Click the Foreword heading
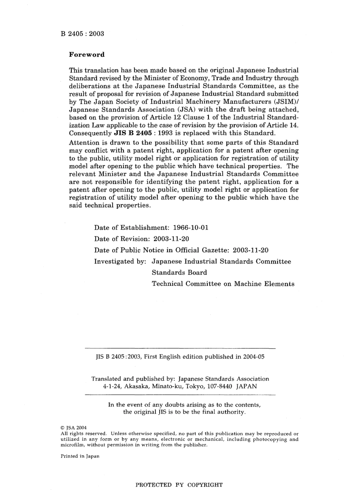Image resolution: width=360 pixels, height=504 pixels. coord(86,55)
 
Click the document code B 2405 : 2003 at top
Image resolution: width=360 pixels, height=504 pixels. coord(82,34)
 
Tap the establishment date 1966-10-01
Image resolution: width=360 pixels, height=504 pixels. coord(190,228)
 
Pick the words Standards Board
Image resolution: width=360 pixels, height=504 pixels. coord(179,273)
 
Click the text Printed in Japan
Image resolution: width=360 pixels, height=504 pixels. coord(80,456)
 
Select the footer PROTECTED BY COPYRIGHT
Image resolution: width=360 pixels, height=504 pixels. coord(179,485)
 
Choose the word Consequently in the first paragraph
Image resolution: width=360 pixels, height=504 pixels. coord(90,133)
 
